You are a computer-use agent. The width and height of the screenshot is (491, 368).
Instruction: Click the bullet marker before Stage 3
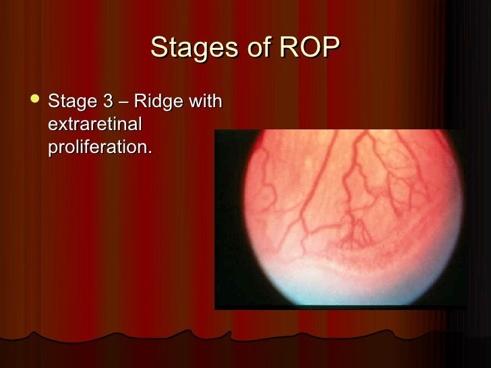(33, 102)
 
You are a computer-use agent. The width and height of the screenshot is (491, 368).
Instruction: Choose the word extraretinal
(95, 125)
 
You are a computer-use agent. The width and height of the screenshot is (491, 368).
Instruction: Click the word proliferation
(98, 147)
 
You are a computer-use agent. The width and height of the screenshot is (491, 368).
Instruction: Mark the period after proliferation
(150, 152)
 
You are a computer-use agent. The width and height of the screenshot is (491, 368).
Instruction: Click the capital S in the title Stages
(159, 48)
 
